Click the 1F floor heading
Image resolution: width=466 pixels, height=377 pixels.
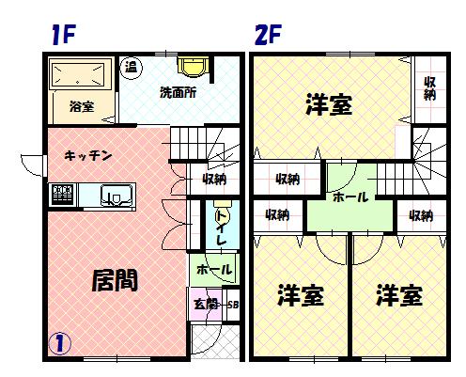64,34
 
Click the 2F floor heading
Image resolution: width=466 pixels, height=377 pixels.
268,34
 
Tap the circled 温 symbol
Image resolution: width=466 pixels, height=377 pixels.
132,67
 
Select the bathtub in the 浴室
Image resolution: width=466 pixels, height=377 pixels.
78,74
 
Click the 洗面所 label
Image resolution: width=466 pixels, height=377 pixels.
178,92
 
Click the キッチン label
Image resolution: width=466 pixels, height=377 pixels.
88,155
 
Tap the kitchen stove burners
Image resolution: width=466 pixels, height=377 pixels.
63,194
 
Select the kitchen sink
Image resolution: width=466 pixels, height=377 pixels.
116,196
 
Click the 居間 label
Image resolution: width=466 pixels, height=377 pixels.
115,280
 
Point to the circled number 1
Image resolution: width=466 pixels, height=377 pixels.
59,343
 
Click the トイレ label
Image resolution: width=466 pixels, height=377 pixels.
222,228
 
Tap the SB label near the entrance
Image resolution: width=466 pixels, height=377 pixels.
233,305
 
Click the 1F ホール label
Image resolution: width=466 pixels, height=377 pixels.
214,269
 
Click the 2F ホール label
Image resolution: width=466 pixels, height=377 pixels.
350,197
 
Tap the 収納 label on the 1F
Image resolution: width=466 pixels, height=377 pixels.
215,180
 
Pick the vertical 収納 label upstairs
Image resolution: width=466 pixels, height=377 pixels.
429,88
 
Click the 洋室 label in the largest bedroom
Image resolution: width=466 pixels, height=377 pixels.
329,104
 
